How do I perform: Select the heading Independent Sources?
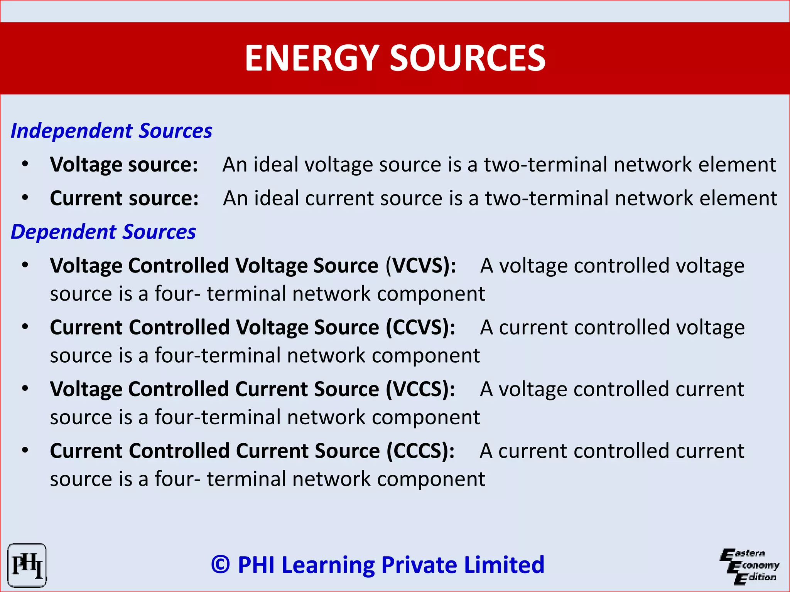(111, 131)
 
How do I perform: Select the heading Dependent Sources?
(103, 232)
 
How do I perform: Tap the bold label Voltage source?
(124, 165)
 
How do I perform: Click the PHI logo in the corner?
(27, 565)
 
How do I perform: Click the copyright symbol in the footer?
(221, 565)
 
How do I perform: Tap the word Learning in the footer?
(328, 565)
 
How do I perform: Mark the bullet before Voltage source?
(25, 165)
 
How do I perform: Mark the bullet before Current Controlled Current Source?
(25, 451)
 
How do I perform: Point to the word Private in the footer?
(419, 565)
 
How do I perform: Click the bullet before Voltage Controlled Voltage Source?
(25, 266)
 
